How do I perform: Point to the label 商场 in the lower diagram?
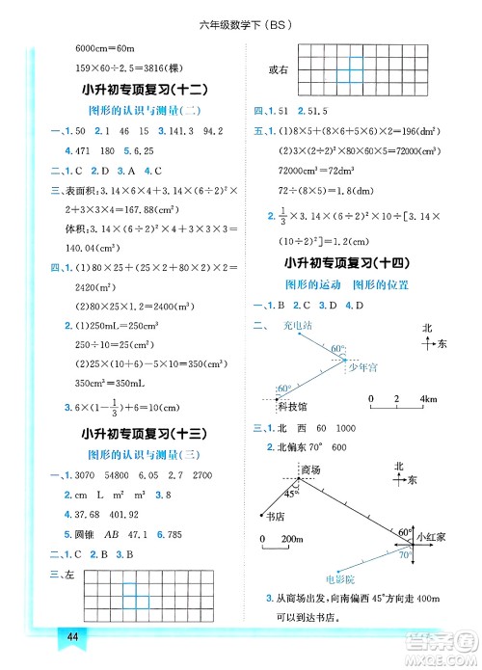(x=310, y=469)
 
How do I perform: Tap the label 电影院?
(x=340, y=579)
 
